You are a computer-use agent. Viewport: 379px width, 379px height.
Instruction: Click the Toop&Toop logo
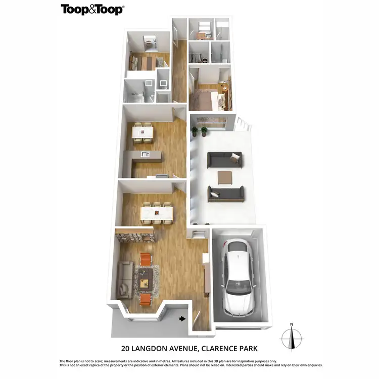click(x=92, y=9)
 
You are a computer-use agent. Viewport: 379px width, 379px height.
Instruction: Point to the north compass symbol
click(x=292, y=335)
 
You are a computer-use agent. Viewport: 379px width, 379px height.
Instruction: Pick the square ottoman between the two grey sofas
click(x=225, y=177)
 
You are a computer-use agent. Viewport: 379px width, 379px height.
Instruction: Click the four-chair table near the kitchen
click(x=142, y=131)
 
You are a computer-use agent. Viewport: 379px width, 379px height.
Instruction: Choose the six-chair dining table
click(x=157, y=212)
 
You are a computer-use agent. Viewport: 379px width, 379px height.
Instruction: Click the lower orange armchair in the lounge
click(x=145, y=298)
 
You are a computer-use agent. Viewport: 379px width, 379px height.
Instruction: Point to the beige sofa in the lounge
click(x=125, y=279)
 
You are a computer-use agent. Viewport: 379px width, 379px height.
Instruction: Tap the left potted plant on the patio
click(x=194, y=131)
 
